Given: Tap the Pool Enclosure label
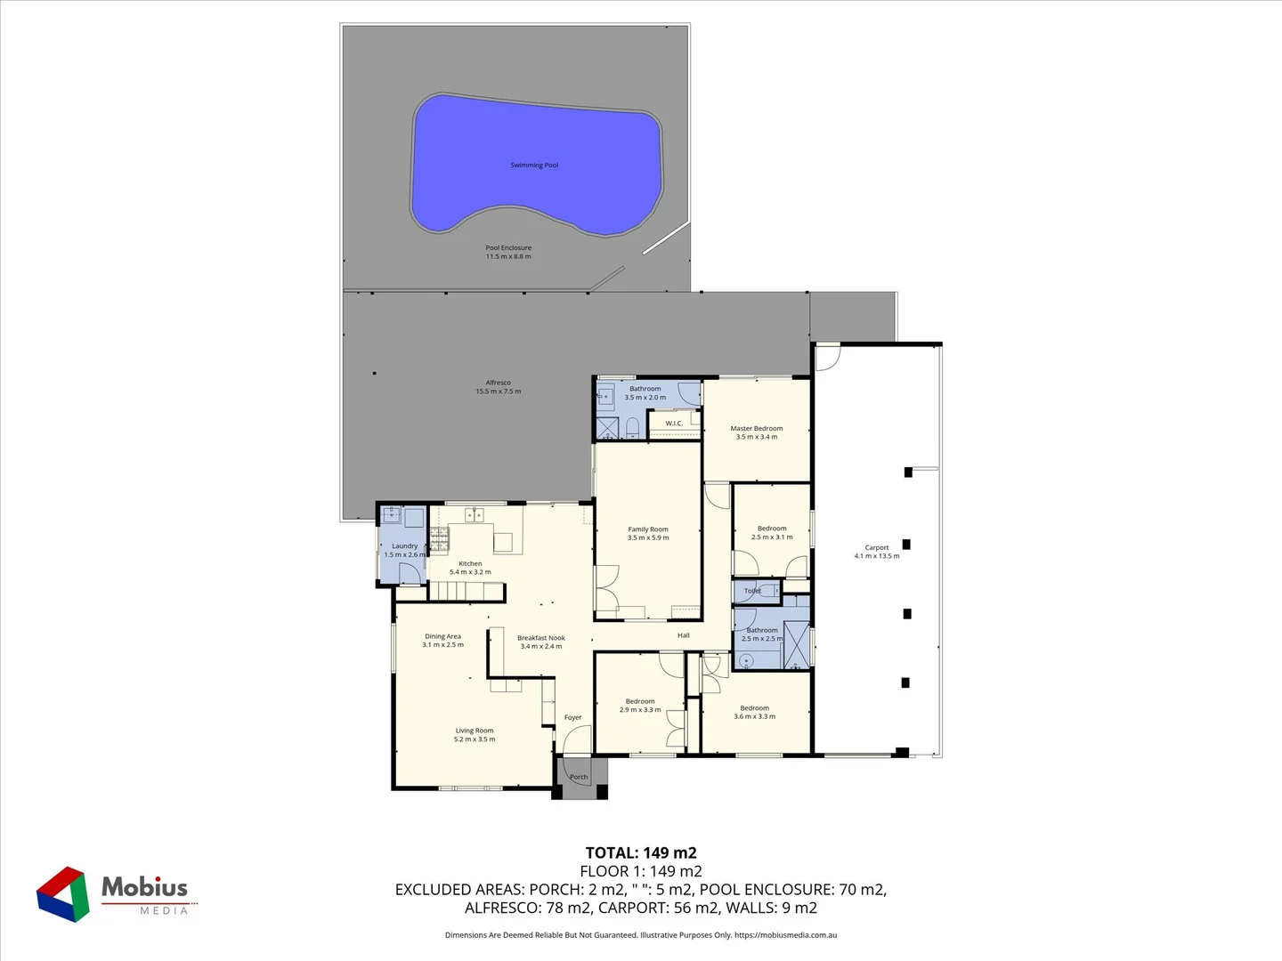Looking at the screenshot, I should pyautogui.click(x=508, y=253).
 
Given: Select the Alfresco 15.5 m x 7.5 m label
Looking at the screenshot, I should pyautogui.click(x=499, y=387).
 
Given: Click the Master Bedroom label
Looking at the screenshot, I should pyautogui.click(x=757, y=432).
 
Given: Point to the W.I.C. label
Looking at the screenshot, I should pyautogui.click(x=674, y=424).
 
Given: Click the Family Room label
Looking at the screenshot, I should pyautogui.click(x=648, y=533).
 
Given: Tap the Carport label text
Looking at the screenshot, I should pyautogui.click(x=877, y=552).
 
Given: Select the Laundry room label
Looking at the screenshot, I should pyautogui.click(x=404, y=550).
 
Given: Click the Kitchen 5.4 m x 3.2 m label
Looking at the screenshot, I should pyautogui.click(x=470, y=568).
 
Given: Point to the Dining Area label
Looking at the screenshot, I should pyautogui.click(x=442, y=641).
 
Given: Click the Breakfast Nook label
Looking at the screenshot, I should pyautogui.click(x=541, y=642).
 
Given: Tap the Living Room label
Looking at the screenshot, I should pyautogui.click(x=475, y=735).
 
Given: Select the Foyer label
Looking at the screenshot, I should pyautogui.click(x=572, y=717).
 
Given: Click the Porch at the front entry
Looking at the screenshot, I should pyautogui.click(x=579, y=777).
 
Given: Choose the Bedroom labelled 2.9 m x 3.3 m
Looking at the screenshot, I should pyautogui.click(x=640, y=706).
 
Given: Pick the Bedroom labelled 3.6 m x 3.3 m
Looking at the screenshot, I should pyautogui.click(x=754, y=712).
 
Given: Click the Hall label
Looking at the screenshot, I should pyautogui.click(x=684, y=635).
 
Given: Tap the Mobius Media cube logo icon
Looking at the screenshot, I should pyautogui.click(x=63, y=893).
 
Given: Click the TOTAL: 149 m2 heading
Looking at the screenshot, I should pyautogui.click(x=641, y=853).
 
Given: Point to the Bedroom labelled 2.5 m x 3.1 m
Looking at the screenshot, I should pyautogui.click(x=772, y=532).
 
